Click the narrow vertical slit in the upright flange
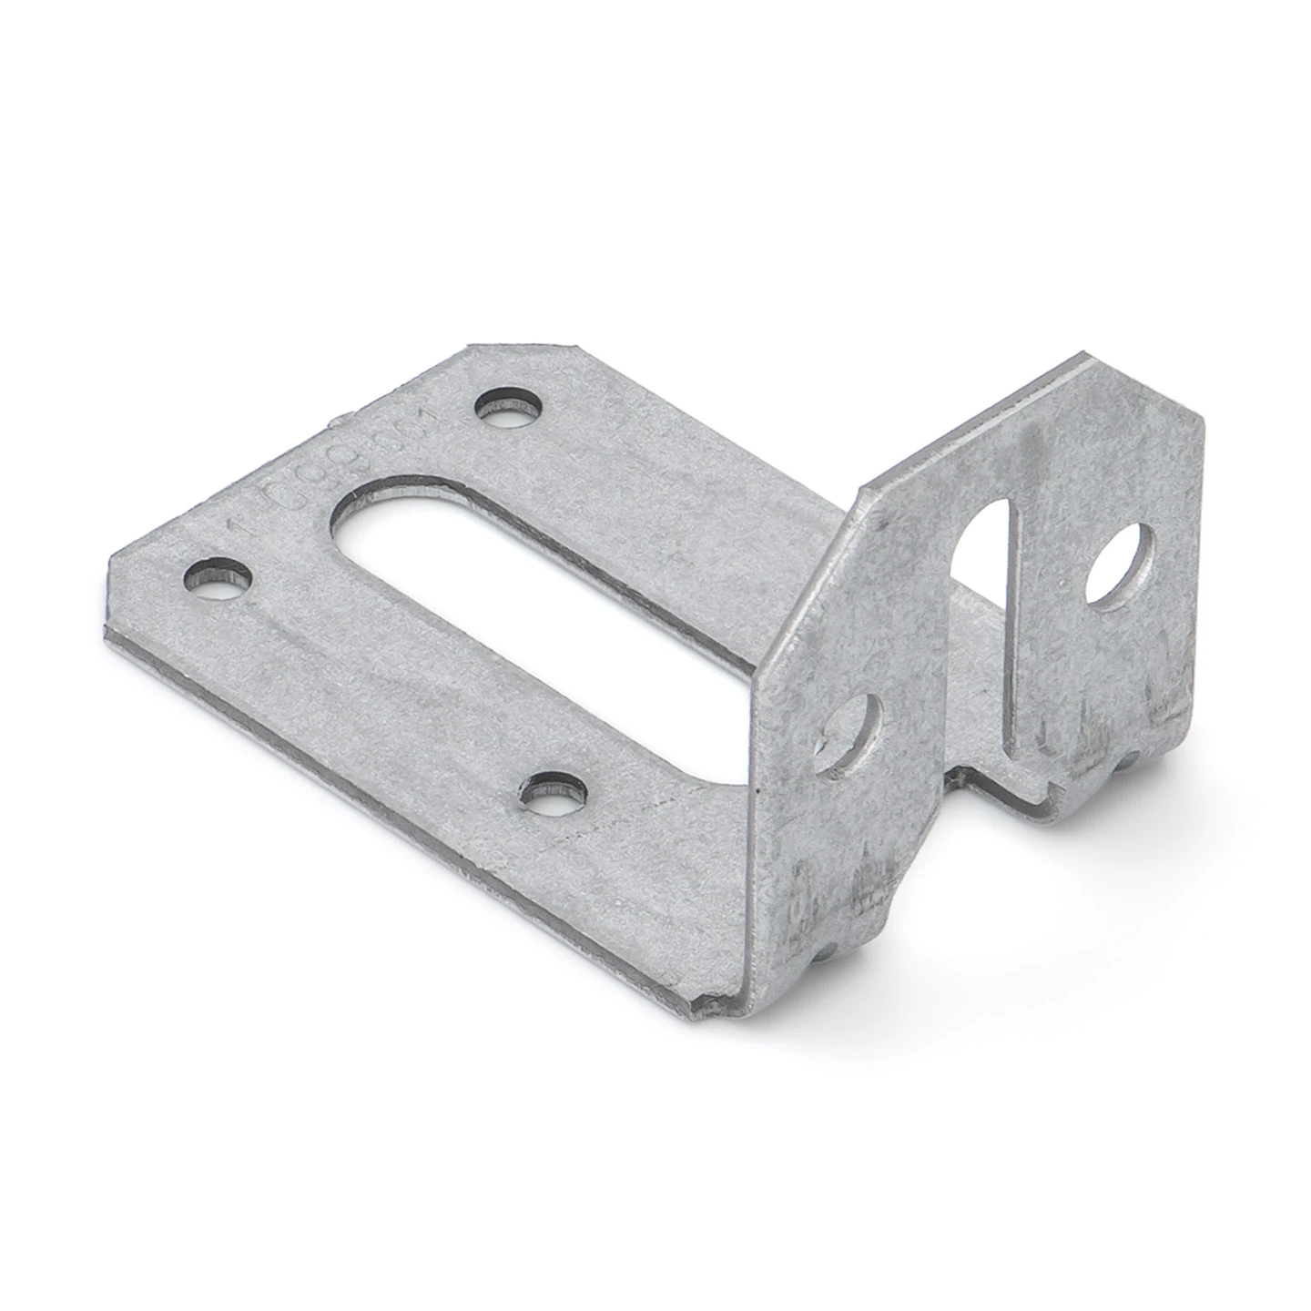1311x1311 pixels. (1013, 637)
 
